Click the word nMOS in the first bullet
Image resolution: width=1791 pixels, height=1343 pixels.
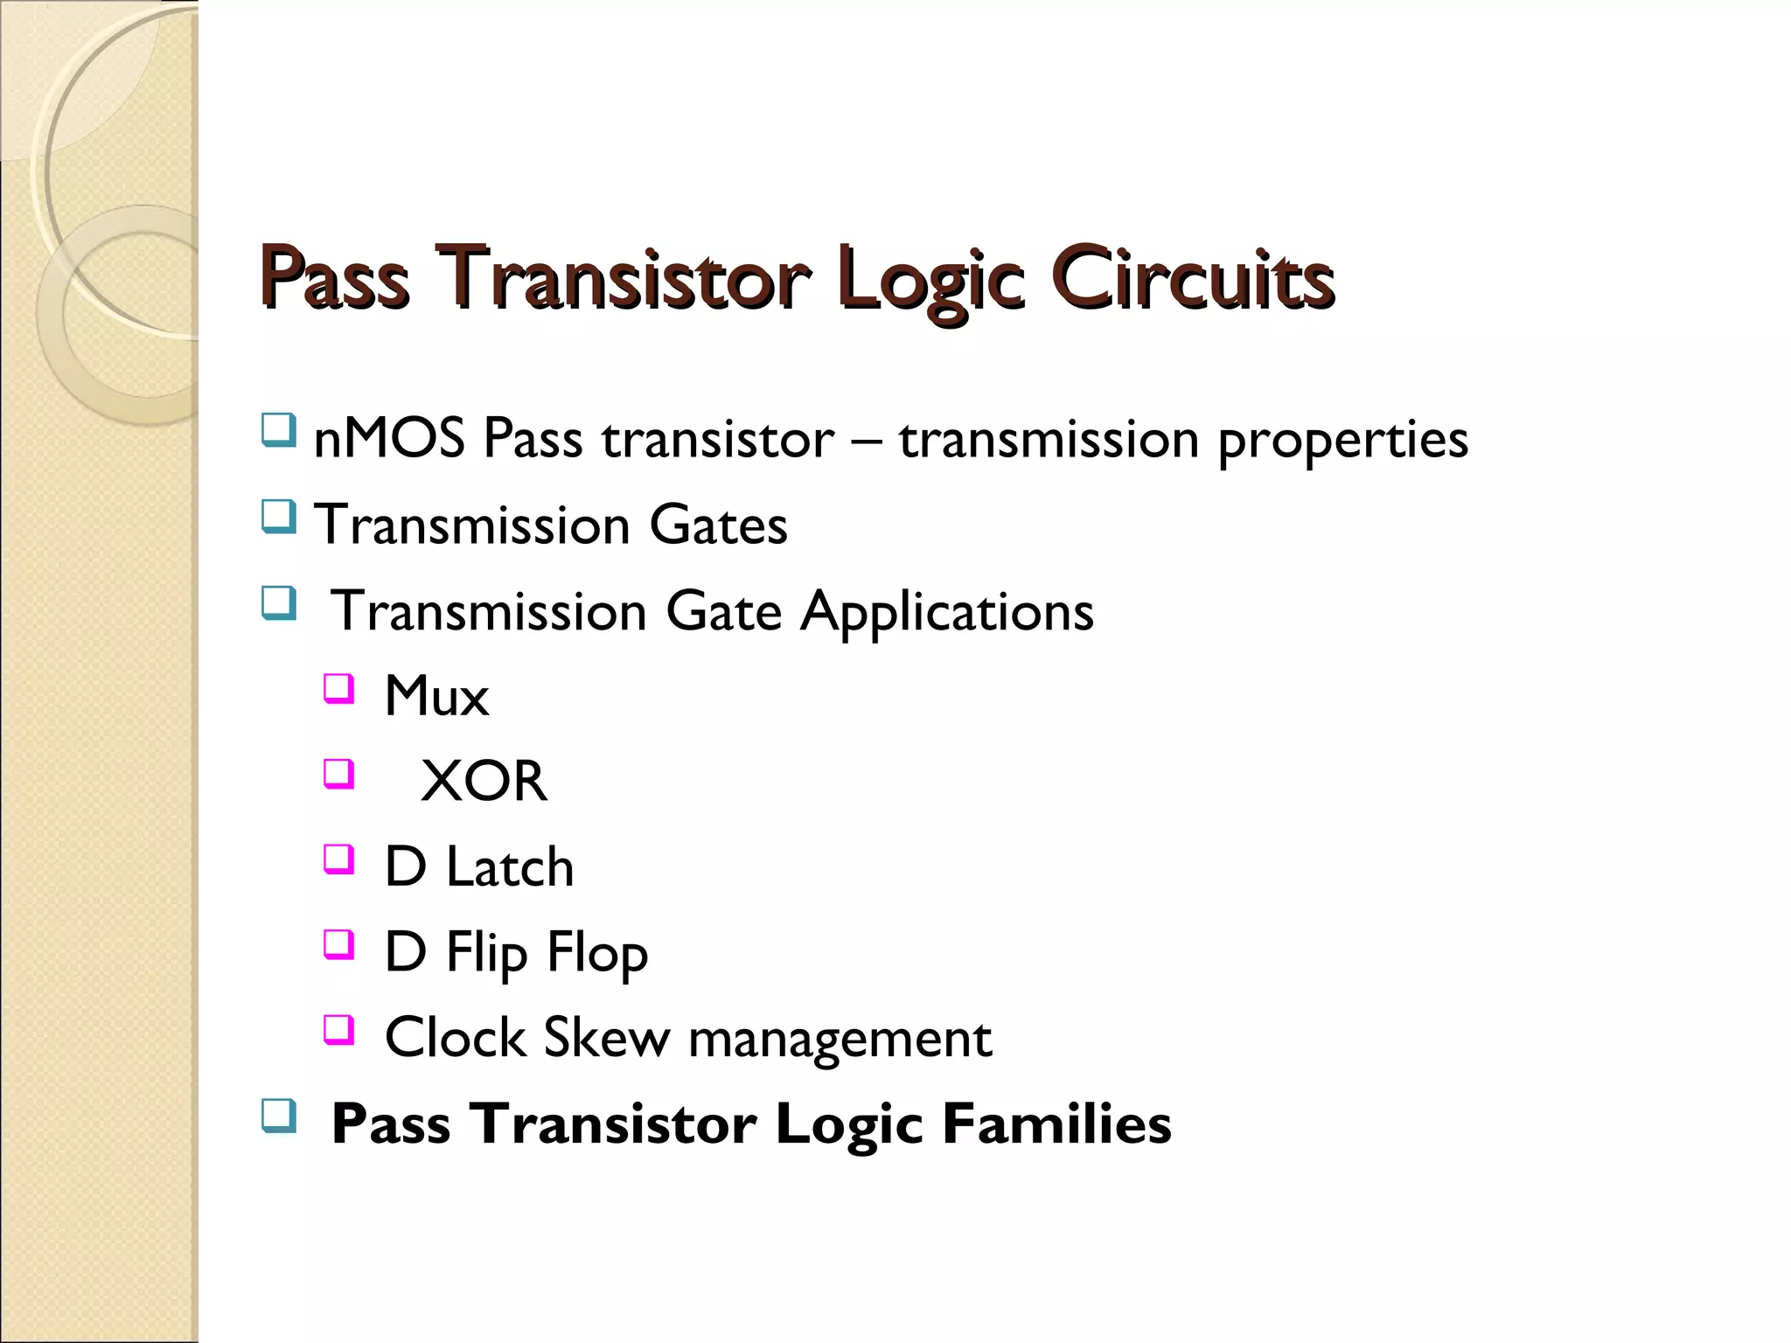[388, 438]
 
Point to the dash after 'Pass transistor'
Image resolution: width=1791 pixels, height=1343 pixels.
[866, 440]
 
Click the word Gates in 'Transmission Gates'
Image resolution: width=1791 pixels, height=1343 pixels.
[718, 525]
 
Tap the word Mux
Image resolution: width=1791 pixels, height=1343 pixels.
[436, 697]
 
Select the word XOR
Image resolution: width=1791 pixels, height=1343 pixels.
[484, 781]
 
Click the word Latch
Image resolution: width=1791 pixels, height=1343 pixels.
[510, 866]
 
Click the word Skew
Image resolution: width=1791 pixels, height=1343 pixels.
[607, 1038]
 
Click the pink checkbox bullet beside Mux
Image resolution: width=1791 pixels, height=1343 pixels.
[338, 688]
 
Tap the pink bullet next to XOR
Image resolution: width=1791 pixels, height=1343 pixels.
[338, 774]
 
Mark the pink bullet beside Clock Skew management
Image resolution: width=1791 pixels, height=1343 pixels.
[338, 1029]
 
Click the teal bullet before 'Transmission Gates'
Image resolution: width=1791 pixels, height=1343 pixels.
[278, 517]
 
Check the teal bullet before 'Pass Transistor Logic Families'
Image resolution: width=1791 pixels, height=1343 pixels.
[278, 1115]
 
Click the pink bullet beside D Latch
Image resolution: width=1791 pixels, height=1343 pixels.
[338, 859]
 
